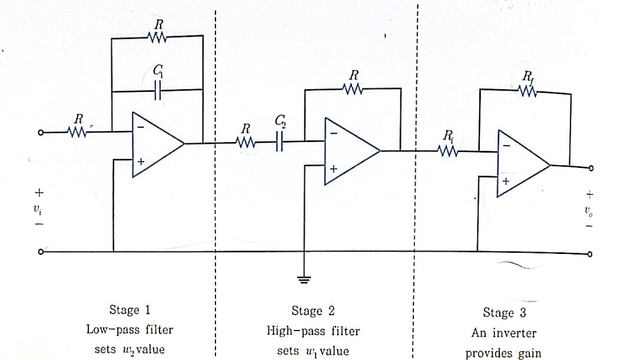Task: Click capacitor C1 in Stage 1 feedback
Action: pyautogui.click(x=157, y=91)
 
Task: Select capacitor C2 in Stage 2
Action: pyautogui.click(x=279, y=142)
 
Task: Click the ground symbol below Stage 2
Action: pyautogui.click(x=304, y=280)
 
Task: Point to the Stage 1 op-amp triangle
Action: pyautogui.click(x=155, y=143)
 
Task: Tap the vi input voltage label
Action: pyautogui.click(x=39, y=209)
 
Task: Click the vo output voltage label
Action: pyautogui.click(x=589, y=210)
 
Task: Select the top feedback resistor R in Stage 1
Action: pyautogui.click(x=157, y=37)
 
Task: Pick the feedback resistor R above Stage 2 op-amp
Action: pyautogui.click(x=353, y=89)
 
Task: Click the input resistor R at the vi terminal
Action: pyautogui.click(x=78, y=133)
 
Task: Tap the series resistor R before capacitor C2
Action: pyautogui.click(x=245, y=142)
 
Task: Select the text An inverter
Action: pyautogui.click(x=503, y=333)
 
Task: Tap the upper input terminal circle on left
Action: pyautogui.click(x=41, y=133)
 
